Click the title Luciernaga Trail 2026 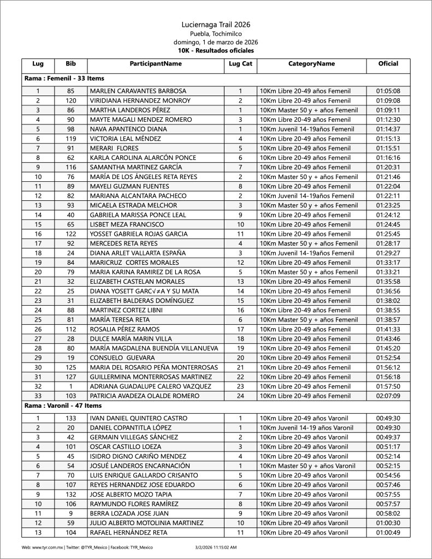coord(216,25)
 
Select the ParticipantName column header coord(156,64)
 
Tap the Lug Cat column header coord(240,64)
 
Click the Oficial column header coord(388,64)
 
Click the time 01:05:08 coord(388,91)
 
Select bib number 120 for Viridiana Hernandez coord(70,100)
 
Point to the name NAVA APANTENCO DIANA coord(128,129)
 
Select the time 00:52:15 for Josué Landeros coord(388,466)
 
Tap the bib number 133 coord(70,418)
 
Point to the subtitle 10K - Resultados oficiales coord(216,50)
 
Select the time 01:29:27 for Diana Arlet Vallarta coord(388,253)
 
